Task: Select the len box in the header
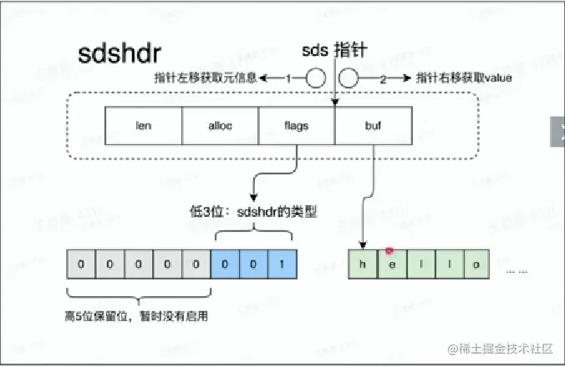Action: [x=143, y=127]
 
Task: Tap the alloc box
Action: [x=220, y=127]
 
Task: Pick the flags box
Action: [x=296, y=127]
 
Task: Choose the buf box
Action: [x=373, y=127]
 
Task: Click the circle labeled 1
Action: [x=314, y=78]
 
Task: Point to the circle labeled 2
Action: [x=349, y=78]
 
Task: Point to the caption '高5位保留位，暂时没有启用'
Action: [x=137, y=316]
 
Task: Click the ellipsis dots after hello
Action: [x=517, y=271]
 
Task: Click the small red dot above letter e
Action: [x=389, y=250]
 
